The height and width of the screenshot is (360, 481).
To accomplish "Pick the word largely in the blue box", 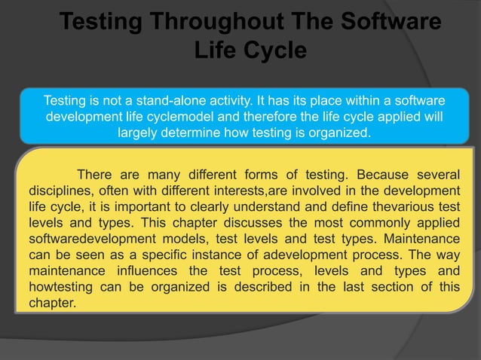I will click(x=139, y=133).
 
